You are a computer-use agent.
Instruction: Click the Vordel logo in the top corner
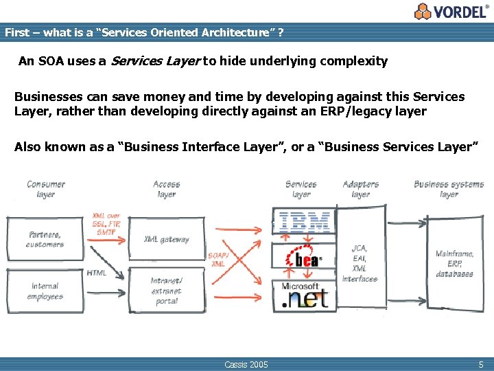pyautogui.click(x=452, y=11)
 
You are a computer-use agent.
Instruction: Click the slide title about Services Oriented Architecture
pyautogui.click(x=144, y=32)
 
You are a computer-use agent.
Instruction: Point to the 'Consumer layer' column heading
pyautogui.click(x=46, y=189)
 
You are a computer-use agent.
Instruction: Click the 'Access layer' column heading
pyautogui.click(x=167, y=189)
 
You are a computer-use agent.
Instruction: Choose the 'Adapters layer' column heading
pyautogui.click(x=360, y=189)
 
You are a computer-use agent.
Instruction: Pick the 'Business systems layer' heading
pyautogui.click(x=449, y=189)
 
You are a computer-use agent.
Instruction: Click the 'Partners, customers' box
pyautogui.click(x=45, y=239)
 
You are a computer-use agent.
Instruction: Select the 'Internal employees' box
pyautogui.click(x=45, y=291)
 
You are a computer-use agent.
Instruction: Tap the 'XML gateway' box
pyautogui.click(x=167, y=239)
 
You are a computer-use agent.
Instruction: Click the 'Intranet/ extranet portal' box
pyautogui.click(x=167, y=291)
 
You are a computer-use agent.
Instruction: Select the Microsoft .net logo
pyautogui.click(x=305, y=295)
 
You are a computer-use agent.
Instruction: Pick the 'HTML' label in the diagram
pyautogui.click(x=96, y=273)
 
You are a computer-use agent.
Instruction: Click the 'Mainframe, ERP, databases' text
pyautogui.click(x=454, y=264)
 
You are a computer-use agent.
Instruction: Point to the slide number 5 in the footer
pyautogui.click(x=480, y=363)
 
